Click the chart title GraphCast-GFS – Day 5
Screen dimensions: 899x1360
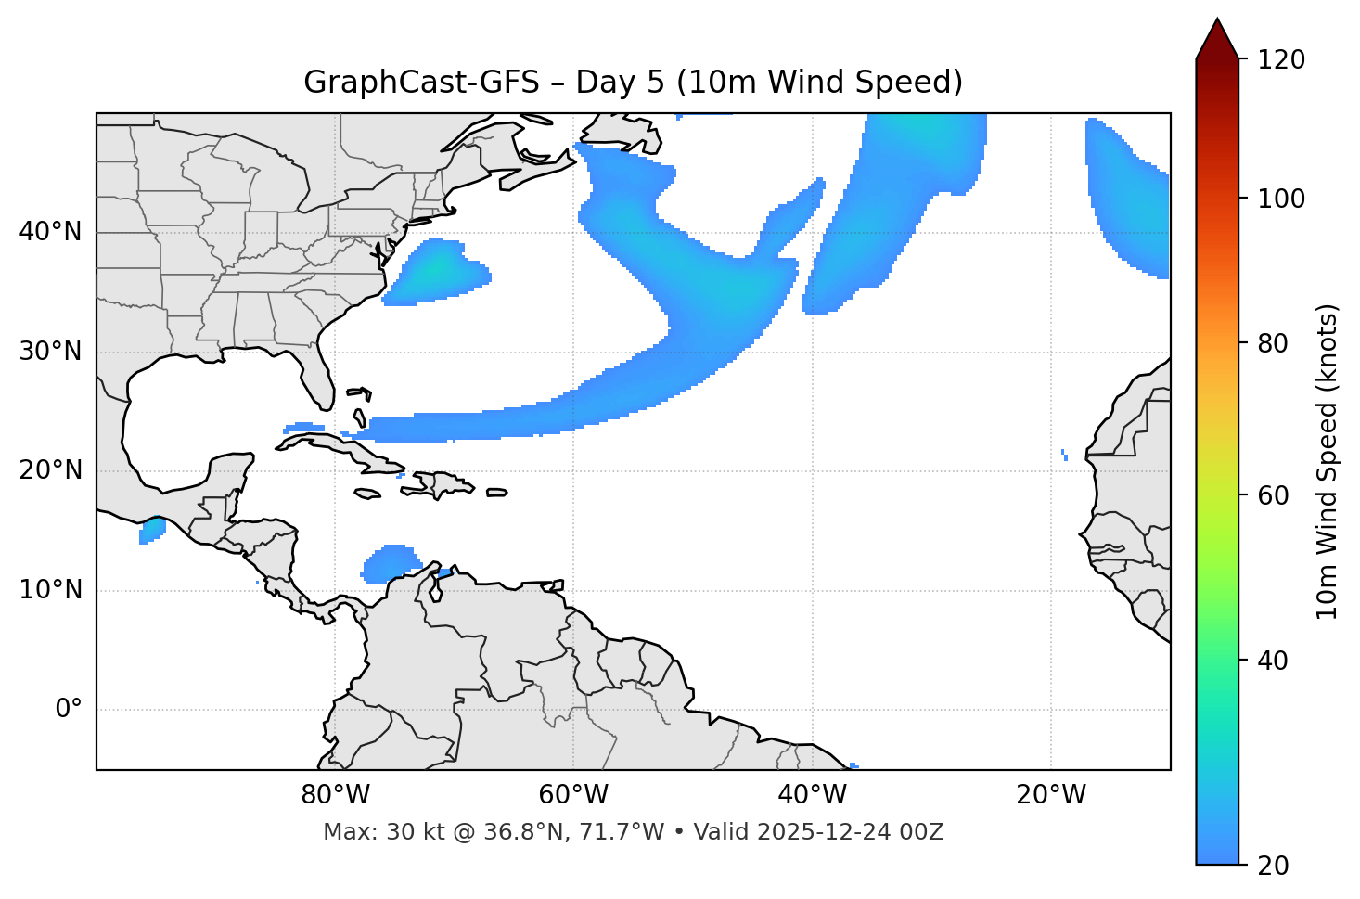[633, 83]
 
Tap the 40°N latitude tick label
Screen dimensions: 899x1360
[50, 232]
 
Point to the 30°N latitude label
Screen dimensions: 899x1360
[50, 352]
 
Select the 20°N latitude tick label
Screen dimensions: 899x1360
[50, 470]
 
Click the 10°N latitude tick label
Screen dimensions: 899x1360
[50, 590]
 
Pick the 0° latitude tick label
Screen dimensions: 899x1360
[69, 710]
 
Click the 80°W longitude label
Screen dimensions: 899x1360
[335, 795]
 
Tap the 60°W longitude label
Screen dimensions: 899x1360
[573, 795]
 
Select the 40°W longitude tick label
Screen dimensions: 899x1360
[812, 795]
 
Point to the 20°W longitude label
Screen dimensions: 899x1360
[1050, 795]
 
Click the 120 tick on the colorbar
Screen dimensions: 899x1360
[1280, 60]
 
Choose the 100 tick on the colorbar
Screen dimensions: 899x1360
[1280, 199]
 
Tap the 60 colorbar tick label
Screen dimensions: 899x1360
[1274, 495]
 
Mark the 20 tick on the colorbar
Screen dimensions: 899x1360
[1274, 866]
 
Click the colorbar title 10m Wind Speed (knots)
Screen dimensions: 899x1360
[1328, 462]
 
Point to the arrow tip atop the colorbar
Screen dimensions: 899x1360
[1217, 20]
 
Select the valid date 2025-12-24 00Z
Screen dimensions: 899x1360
[850, 832]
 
